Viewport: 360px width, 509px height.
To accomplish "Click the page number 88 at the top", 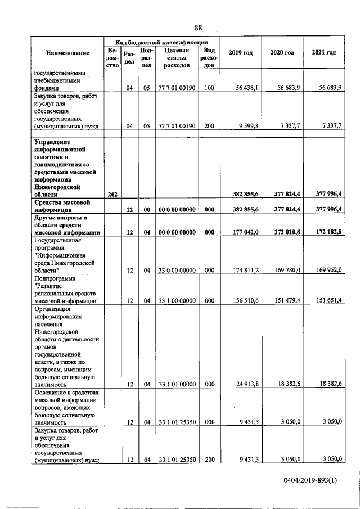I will (198, 28).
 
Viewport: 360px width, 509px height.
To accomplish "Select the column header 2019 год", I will (240, 53).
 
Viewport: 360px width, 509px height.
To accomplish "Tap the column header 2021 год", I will (323, 53).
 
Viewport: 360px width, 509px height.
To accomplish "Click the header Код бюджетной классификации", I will (162, 42).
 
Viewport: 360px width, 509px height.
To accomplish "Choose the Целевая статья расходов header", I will (176, 57).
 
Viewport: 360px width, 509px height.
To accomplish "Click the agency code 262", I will (112, 194).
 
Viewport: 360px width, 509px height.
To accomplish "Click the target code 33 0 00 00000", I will (176, 270).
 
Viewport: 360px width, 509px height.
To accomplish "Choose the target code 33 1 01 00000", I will (176, 384).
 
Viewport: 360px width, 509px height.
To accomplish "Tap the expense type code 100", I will (209, 87).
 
